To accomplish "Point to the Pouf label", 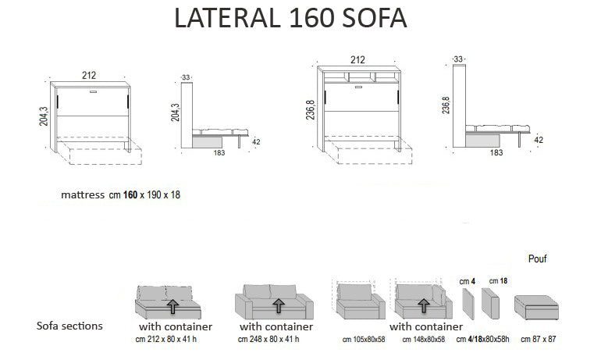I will [x=537, y=258].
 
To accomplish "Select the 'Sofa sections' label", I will [x=69, y=326].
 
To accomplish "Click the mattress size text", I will [x=120, y=194].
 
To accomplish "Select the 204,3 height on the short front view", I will [x=44, y=114].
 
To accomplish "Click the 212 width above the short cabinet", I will [x=90, y=75].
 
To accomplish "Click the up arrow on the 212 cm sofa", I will [x=172, y=305].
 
